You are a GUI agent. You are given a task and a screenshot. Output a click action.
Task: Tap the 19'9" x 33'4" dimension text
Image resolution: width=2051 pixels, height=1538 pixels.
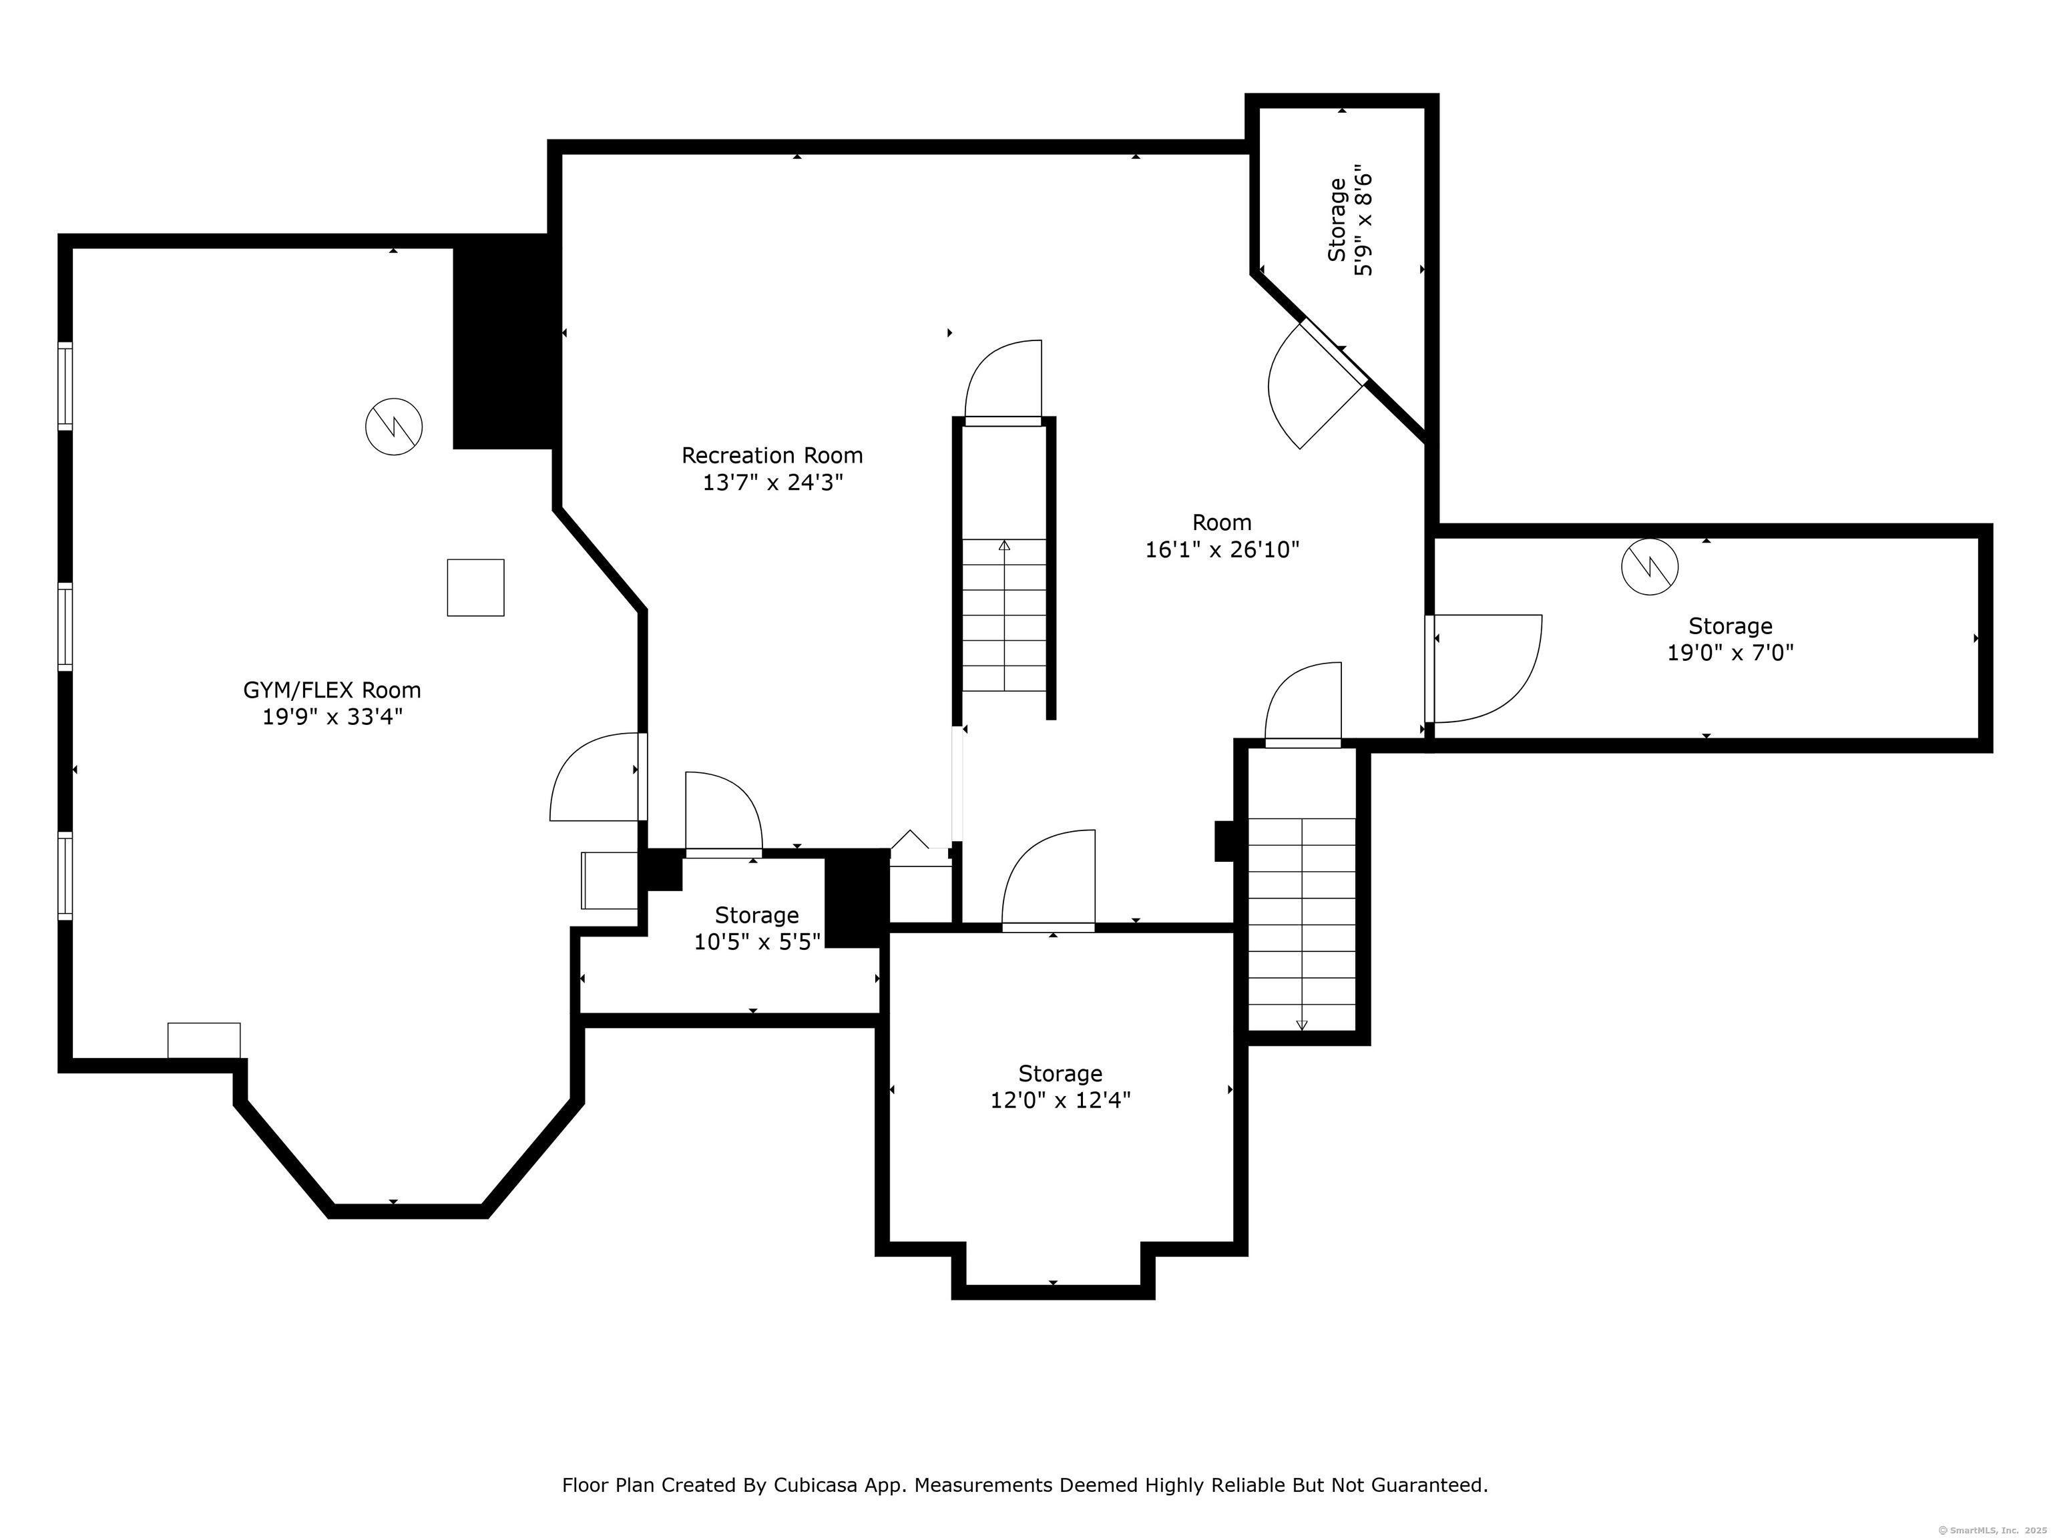(x=332, y=717)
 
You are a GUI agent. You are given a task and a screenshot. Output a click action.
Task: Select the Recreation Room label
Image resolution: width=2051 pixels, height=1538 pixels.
(x=772, y=455)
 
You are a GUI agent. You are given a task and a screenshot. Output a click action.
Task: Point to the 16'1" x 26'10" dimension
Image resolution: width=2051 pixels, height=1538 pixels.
(x=1222, y=550)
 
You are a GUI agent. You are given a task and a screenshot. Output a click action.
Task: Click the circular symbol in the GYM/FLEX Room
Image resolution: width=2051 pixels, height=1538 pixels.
(x=394, y=427)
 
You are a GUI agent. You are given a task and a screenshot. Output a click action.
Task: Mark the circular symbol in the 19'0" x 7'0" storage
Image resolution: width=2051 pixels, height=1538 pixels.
(x=1650, y=567)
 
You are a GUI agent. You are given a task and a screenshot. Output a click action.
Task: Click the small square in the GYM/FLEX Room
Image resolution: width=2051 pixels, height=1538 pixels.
(x=475, y=587)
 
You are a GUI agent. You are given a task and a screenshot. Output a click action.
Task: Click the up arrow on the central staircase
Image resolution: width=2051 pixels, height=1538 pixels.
(x=1004, y=545)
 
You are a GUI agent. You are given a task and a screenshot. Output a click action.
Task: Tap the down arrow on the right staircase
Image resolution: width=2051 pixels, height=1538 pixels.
(x=1302, y=1025)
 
